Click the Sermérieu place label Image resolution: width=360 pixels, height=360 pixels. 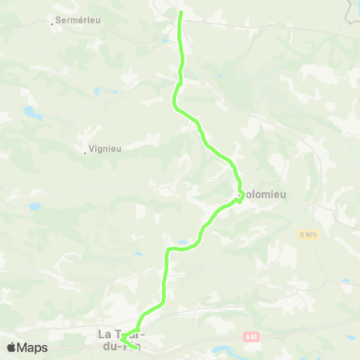pos(78,20)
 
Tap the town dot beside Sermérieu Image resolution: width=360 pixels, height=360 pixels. pos(52,24)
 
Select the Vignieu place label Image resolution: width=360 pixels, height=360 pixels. pos(105,148)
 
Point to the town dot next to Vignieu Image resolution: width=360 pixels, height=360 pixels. pos(85,153)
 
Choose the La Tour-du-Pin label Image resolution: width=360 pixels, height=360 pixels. pos(121,339)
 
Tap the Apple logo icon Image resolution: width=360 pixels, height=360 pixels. pos(11,347)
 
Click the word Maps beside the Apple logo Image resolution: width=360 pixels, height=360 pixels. pos(32,347)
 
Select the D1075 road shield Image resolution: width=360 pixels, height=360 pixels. pos(309,235)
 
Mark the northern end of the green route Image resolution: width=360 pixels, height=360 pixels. pos(180,12)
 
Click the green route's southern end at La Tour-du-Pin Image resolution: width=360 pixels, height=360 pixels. pos(136,347)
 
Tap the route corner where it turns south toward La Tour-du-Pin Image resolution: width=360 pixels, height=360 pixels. pos(167,250)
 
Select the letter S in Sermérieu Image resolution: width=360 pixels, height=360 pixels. pos(58,20)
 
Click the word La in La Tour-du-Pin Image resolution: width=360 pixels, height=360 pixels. pos(103,334)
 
